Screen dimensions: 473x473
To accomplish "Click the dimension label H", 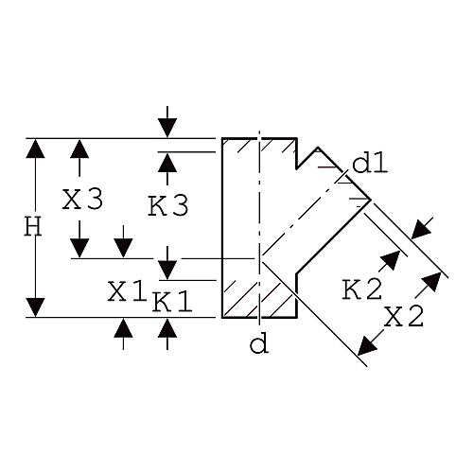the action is [x=33, y=227].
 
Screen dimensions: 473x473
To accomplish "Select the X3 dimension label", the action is [x=82, y=200].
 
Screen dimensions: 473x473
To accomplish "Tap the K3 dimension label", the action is [x=168, y=205].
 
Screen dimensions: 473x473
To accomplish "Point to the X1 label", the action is [x=127, y=291].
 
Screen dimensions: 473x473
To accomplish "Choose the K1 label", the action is [x=172, y=302].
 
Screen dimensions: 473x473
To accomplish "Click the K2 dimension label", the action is [x=362, y=289].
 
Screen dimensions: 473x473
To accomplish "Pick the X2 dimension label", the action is [x=404, y=316].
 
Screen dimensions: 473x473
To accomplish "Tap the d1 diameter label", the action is [x=370, y=164].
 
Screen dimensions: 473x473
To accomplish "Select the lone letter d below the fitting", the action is [x=259, y=344].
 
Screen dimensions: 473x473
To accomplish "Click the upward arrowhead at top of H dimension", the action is [x=35, y=149].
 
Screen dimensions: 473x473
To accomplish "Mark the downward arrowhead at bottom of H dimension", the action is [x=35, y=307].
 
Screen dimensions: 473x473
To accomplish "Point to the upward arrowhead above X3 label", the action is [x=79, y=149].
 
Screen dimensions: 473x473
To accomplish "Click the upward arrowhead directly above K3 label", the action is [x=167, y=162].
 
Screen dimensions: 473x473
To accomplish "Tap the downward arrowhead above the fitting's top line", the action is [x=167, y=128].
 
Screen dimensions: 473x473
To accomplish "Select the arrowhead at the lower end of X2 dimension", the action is [x=367, y=345].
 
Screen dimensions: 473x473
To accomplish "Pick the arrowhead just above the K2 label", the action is [x=391, y=260].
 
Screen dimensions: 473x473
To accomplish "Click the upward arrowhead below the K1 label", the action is [x=167, y=328].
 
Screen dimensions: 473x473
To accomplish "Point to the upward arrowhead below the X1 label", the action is [x=123, y=328].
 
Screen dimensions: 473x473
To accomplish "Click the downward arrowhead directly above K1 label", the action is [x=167, y=270].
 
